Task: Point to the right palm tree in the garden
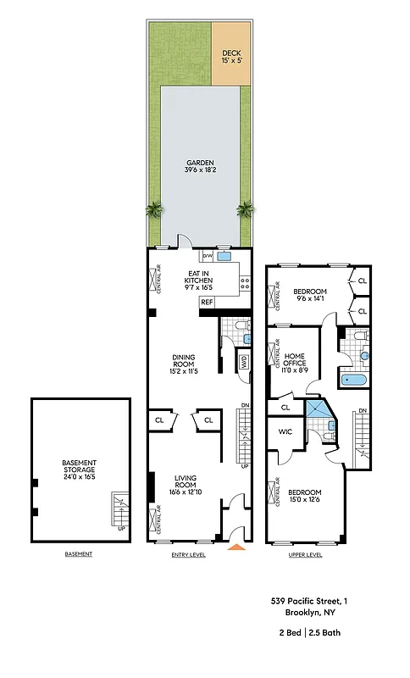pos(246,208)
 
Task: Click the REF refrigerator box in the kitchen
pos(206,302)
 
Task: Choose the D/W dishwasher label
pos(206,254)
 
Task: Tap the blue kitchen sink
pos(225,254)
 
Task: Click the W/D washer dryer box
pos(244,362)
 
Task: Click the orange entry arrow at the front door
pos(237,547)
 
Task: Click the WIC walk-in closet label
pos(285,432)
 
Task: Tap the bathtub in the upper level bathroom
pos(355,380)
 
